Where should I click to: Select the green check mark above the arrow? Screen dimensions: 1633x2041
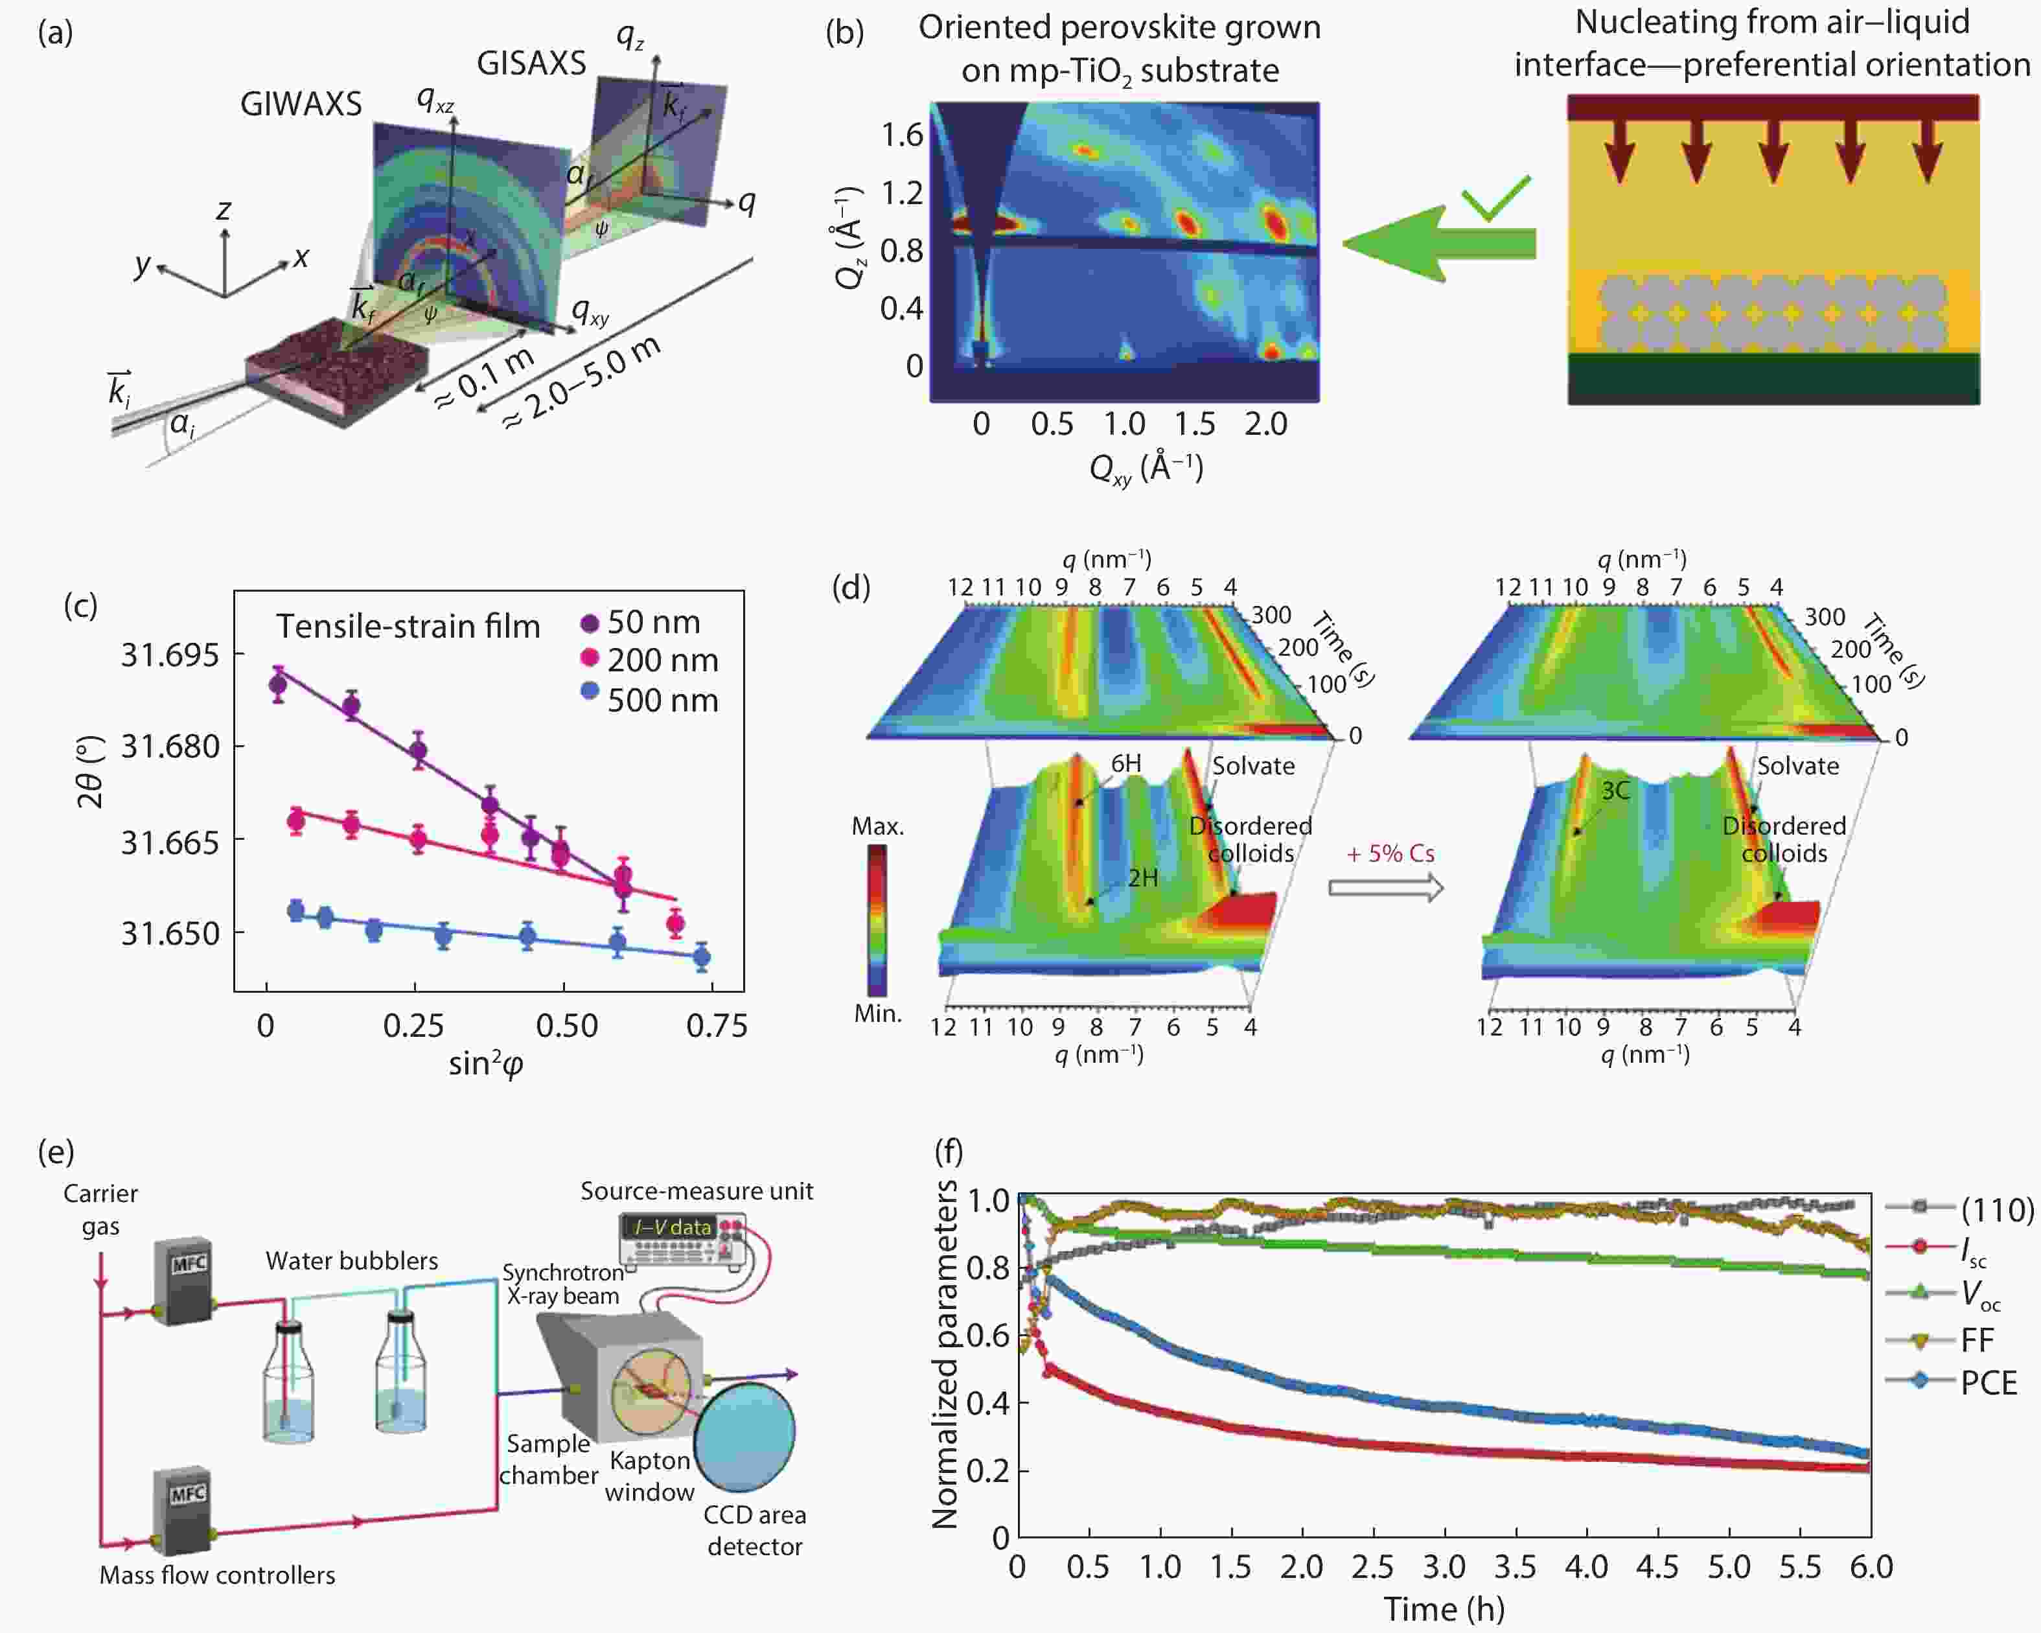pyautogui.click(x=1495, y=197)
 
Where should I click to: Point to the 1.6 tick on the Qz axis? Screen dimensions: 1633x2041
pyautogui.click(x=901, y=135)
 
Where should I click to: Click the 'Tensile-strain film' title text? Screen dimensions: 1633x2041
pyautogui.click(x=408, y=626)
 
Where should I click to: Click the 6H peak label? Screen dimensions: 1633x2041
pyautogui.click(x=1125, y=763)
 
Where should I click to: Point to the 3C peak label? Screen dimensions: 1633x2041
pyautogui.click(x=1615, y=791)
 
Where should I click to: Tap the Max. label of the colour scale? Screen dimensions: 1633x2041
pyautogui.click(x=877, y=826)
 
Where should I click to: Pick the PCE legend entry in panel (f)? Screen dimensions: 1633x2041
pyautogui.click(x=1988, y=1383)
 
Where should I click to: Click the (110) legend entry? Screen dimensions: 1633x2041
pyautogui.click(x=1996, y=1209)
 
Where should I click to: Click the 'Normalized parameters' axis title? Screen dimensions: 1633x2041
pyautogui.click(x=945, y=1354)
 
